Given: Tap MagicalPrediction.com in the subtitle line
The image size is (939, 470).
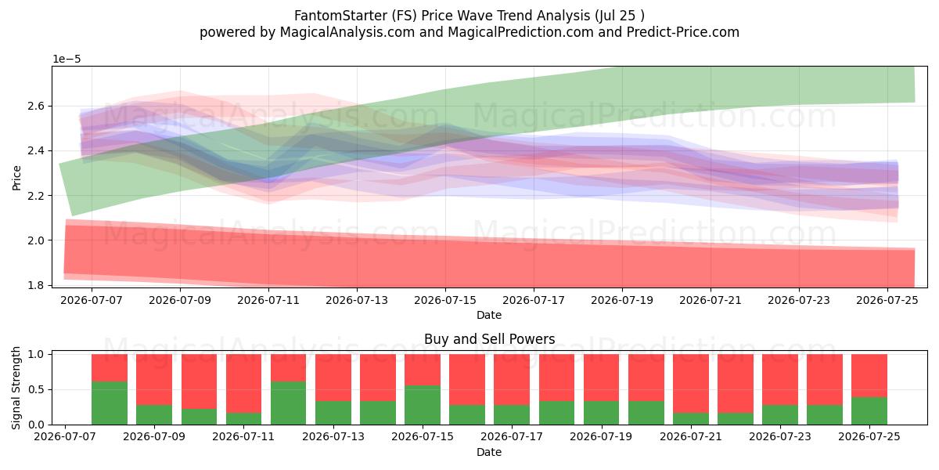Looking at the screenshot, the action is click(x=520, y=32).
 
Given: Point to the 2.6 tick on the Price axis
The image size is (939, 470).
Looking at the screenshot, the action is click(x=36, y=107).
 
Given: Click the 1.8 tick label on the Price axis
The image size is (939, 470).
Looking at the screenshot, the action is click(x=36, y=285).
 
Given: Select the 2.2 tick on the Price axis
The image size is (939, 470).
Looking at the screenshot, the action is click(x=36, y=196).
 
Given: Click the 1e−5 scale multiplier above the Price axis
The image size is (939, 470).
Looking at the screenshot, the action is click(x=67, y=60).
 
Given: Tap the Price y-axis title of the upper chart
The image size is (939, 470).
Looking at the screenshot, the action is click(x=16, y=178).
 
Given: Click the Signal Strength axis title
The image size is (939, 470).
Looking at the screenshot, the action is click(x=16, y=388).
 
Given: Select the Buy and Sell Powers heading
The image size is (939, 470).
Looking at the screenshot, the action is click(x=489, y=339).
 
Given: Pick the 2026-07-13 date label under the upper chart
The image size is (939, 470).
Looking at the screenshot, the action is click(x=357, y=301).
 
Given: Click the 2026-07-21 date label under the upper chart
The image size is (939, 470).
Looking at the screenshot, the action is click(x=711, y=301).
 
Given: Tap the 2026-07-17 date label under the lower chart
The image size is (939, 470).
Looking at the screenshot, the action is click(x=512, y=437).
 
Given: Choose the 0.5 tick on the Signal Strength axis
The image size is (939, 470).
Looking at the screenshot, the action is click(x=36, y=390).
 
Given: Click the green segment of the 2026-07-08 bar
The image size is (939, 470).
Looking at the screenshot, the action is click(x=110, y=403).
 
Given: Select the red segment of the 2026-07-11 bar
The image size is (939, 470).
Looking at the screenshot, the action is click(x=243, y=384).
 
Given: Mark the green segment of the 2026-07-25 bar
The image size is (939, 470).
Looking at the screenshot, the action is click(x=869, y=410).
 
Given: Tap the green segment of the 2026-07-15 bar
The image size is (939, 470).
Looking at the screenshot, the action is click(x=423, y=405).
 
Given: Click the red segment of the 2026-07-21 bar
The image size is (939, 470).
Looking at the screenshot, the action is click(x=691, y=384).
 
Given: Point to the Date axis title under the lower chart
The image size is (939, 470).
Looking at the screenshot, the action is click(x=489, y=452).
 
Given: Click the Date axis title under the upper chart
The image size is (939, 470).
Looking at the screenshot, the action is click(x=489, y=315).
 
